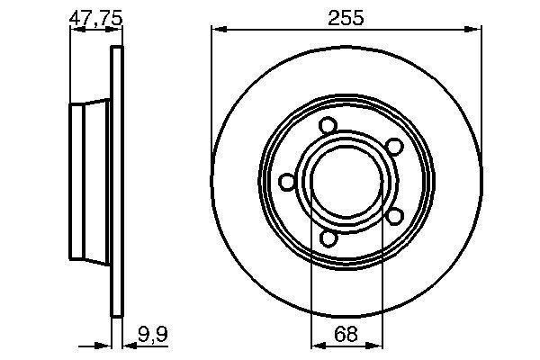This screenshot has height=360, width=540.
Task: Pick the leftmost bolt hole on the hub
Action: pyautogui.click(x=287, y=182)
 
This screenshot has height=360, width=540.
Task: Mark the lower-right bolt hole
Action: pyautogui.click(x=394, y=216)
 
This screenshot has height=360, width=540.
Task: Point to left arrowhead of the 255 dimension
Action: pyautogui.click(x=217, y=31)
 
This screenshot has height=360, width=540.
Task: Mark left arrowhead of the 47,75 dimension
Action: pyautogui.click(x=75, y=31)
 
